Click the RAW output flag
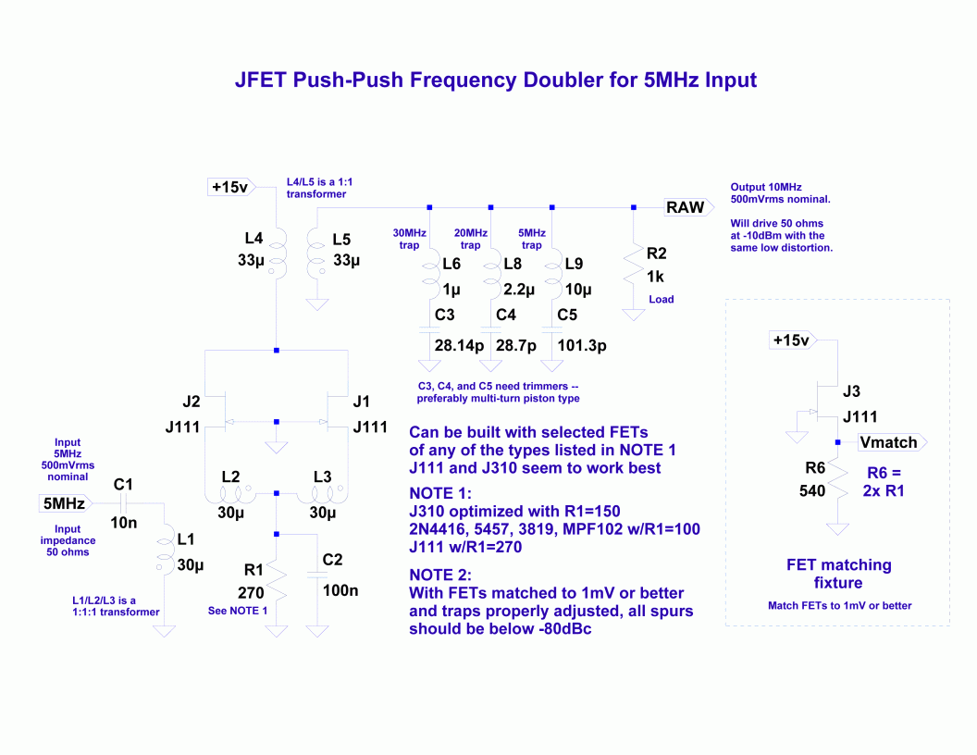(x=688, y=207)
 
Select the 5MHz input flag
(x=66, y=502)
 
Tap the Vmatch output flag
(x=892, y=442)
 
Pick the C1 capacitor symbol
(x=123, y=502)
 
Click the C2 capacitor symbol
(x=317, y=575)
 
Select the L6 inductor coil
(x=430, y=278)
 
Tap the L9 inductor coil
(x=552, y=278)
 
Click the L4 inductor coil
(x=278, y=253)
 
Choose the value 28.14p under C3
(x=459, y=345)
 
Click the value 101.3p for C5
(x=582, y=345)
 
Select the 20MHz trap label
(x=470, y=240)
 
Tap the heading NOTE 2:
(x=440, y=575)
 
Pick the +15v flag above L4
(x=231, y=187)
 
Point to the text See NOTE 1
(x=238, y=611)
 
